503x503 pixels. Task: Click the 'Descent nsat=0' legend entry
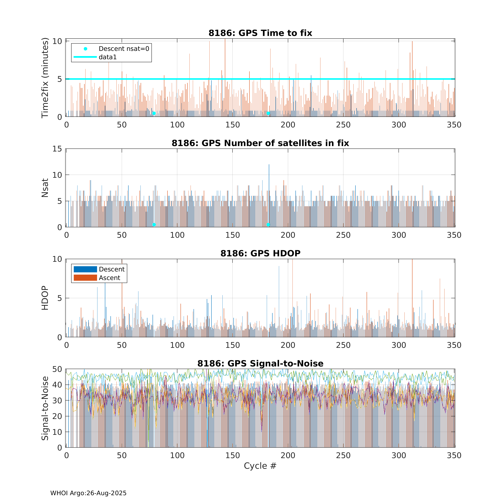[x=124, y=49]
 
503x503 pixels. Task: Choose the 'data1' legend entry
[x=107, y=57]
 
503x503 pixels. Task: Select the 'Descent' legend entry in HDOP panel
[x=112, y=269]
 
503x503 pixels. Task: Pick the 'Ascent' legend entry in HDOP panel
[x=109, y=278]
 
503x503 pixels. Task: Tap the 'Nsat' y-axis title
[x=45, y=188]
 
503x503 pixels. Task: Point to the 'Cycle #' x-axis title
[x=260, y=466]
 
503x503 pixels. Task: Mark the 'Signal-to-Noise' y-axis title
[x=45, y=408]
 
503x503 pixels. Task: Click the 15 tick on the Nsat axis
[x=57, y=149]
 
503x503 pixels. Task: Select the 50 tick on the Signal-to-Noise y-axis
[x=57, y=369]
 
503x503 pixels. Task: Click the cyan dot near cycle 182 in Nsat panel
[x=268, y=225]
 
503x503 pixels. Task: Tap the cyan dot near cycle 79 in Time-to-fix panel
[x=154, y=113]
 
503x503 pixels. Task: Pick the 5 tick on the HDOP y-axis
[x=60, y=298]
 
